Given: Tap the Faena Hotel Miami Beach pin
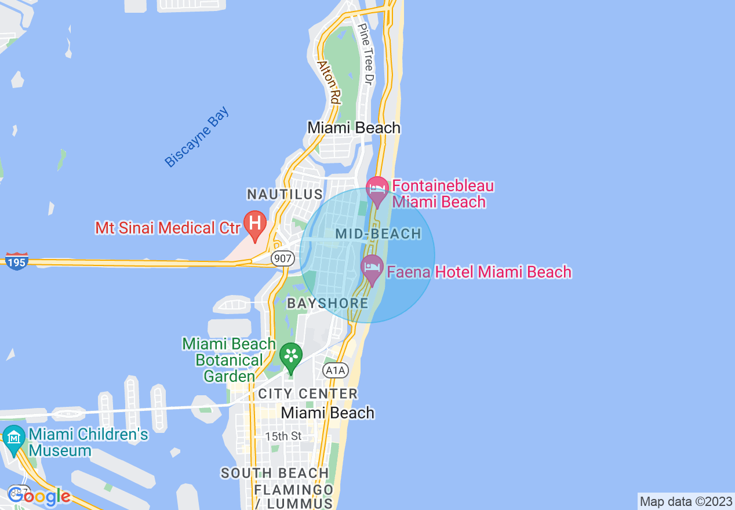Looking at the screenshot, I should point(372,269).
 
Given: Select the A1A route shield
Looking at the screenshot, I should point(336,370).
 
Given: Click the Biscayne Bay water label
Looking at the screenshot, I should point(197,137).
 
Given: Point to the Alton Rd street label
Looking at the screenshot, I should point(329,81).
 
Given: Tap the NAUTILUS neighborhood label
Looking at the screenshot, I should point(284,194).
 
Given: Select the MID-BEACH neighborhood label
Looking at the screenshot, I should point(379,234).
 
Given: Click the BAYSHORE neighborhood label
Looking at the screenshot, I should point(328,303).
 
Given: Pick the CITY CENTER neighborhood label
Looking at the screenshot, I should point(308,394).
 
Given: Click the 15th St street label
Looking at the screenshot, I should point(283,435).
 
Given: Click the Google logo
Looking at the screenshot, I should point(39,496).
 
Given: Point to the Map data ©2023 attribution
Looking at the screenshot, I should point(686,501).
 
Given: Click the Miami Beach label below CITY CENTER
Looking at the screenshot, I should point(328,413).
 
